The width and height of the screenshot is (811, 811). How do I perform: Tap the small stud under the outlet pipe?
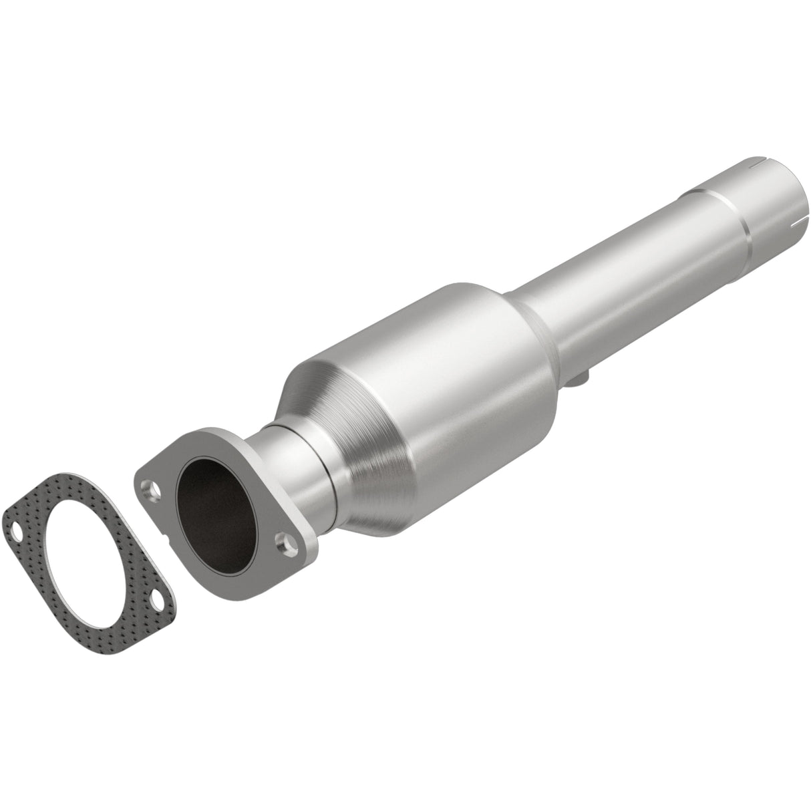tap(580, 381)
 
